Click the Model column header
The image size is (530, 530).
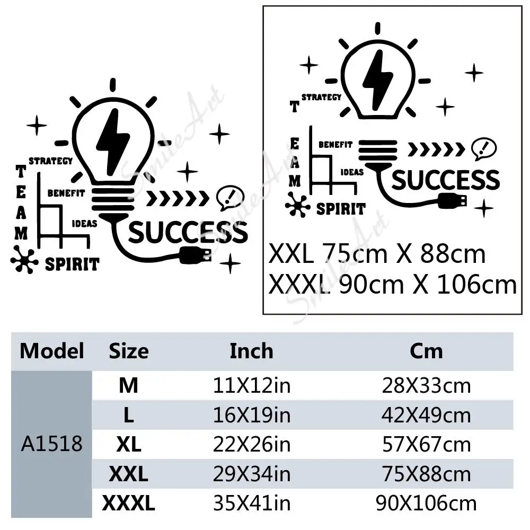52,351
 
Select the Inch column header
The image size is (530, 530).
251,351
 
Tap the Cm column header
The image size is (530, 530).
426,351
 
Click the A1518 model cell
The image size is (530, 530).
52,444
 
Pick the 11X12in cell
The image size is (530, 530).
252,386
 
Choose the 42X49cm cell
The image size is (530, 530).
426,415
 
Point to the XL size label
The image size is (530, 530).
128,445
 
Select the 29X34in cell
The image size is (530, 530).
252,474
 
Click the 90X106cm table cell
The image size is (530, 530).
426,503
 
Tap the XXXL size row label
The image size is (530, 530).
128,503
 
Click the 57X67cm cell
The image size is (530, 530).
426,444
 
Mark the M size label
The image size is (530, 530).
128,386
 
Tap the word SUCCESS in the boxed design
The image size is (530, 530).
445,180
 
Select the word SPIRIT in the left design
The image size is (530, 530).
72,263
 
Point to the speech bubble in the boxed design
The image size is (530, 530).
483,149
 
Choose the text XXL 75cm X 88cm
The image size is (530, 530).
377,254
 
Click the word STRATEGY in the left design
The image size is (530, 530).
50,161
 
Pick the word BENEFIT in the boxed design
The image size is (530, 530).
335,144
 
